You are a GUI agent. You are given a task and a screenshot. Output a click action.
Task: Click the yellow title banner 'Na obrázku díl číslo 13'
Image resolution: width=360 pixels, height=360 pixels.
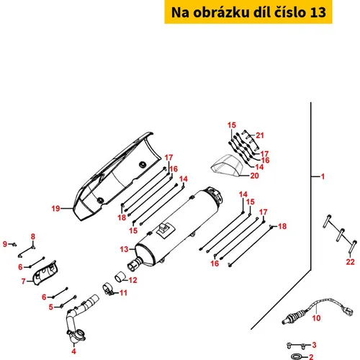[248, 12]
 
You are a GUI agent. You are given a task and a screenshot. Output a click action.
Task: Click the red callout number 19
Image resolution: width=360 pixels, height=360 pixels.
[55, 208]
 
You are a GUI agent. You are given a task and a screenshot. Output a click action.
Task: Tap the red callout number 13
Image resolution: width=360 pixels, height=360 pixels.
[124, 249]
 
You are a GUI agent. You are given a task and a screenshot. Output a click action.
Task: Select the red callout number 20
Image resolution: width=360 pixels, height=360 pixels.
[254, 176]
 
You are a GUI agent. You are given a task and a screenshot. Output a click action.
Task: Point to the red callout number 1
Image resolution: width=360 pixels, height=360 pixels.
[323, 176]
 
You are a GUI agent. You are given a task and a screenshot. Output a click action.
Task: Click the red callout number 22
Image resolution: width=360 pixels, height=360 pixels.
[350, 261]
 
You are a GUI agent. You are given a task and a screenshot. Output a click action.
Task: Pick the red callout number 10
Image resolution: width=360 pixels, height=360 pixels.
[316, 318]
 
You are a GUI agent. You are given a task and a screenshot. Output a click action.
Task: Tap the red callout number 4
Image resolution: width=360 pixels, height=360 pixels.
[73, 351]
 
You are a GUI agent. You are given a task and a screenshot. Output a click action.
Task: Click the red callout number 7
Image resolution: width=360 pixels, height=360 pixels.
[23, 281]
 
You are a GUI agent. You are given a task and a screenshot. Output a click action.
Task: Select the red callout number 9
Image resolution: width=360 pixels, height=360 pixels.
[5, 244]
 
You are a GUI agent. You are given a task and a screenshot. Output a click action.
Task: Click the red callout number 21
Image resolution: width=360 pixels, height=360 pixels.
[260, 135]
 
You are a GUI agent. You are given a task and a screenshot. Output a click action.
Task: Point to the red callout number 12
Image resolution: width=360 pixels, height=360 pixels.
[132, 280]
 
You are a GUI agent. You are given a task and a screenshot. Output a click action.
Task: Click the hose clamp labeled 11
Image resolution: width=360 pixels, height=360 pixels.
[107, 289]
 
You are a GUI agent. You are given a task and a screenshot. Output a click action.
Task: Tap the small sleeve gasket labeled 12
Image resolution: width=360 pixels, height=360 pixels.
[120, 276]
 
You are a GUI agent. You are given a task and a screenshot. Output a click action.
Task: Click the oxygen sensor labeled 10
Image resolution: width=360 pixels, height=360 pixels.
[318, 310]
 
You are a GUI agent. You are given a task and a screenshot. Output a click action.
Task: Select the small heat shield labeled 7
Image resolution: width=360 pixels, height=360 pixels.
[45, 273]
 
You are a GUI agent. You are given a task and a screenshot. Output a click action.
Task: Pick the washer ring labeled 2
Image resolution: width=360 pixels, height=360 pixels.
[297, 356]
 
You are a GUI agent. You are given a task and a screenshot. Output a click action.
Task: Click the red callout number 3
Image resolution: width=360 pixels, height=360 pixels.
[314, 345]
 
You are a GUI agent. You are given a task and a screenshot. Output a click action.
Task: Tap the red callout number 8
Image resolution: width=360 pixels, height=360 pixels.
[33, 237]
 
